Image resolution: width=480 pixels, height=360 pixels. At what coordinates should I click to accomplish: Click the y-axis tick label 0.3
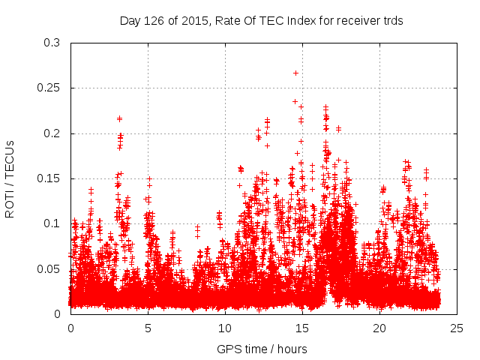pyautogui.click(x=52, y=43)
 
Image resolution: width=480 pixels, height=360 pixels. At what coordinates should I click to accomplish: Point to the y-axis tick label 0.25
pyautogui.click(x=49, y=88)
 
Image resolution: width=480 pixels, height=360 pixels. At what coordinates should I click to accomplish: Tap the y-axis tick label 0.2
pyautogui.click(x=52, y=133)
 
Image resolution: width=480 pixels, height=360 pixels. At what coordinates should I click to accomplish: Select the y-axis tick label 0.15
pyautogui.click(x=49, y=178)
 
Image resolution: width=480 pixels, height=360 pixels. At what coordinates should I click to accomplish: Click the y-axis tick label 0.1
pyautogui.click(x=52, y=223)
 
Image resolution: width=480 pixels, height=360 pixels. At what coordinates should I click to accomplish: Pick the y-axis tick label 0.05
pyautogui.click(x=49, y=268)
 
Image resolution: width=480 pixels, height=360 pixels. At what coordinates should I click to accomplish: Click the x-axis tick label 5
pyautogui.click(x=148, y=328)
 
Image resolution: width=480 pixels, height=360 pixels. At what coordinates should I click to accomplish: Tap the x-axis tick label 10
pyautogui.click(x=225, y=328)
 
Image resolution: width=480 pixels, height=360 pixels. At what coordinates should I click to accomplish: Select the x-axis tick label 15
pyautogui.click(x=302, y=328)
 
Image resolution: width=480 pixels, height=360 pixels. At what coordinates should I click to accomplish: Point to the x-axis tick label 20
pyautogui.click(x=379, y=328)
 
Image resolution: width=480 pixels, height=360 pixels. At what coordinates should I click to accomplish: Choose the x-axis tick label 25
pyautogui.click(x=457, y=328)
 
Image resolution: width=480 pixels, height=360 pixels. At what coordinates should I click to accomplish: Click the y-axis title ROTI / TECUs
pyautogui.click(x=10, y=178)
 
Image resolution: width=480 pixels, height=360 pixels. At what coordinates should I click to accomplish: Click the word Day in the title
pyautogui.click(x=130, y=20)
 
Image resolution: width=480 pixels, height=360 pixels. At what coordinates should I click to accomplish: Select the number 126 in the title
pyautogui.click(x=154, y=20)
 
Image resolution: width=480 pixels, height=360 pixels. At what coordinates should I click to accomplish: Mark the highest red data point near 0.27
pyautogui.click(x=296, y=73)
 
